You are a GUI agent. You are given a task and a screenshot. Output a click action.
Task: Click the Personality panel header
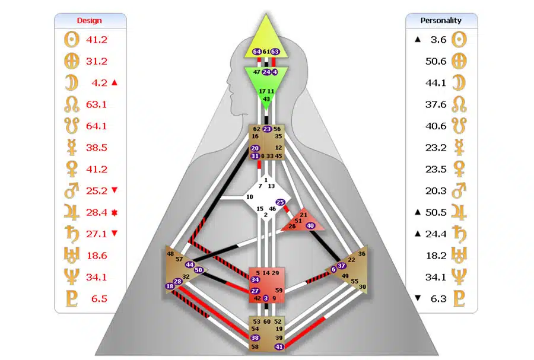click(441, 21)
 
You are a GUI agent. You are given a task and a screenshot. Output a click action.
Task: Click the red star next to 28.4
click(115, 212)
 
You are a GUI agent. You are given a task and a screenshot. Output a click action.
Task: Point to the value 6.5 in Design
click(99, 298)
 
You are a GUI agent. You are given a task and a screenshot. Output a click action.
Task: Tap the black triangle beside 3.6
click(418, 40)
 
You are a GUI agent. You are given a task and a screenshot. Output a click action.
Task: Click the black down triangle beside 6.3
click(418, 298)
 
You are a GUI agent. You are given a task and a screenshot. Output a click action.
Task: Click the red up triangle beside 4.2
click(115, 83)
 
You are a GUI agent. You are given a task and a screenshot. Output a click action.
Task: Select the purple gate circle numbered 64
click(257, 52)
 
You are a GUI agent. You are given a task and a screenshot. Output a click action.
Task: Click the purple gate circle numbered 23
click(267, 129)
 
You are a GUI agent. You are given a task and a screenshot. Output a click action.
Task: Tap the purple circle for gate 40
click(310, 225)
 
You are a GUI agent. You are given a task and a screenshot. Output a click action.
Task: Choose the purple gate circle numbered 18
click(171, 287)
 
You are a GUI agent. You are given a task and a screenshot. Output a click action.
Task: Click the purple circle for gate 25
click(281, 202)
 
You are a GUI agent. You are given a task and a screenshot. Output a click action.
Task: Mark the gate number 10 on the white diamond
click(250, 196)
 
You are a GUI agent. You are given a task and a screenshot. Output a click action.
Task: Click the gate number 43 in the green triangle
click(266, 99)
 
